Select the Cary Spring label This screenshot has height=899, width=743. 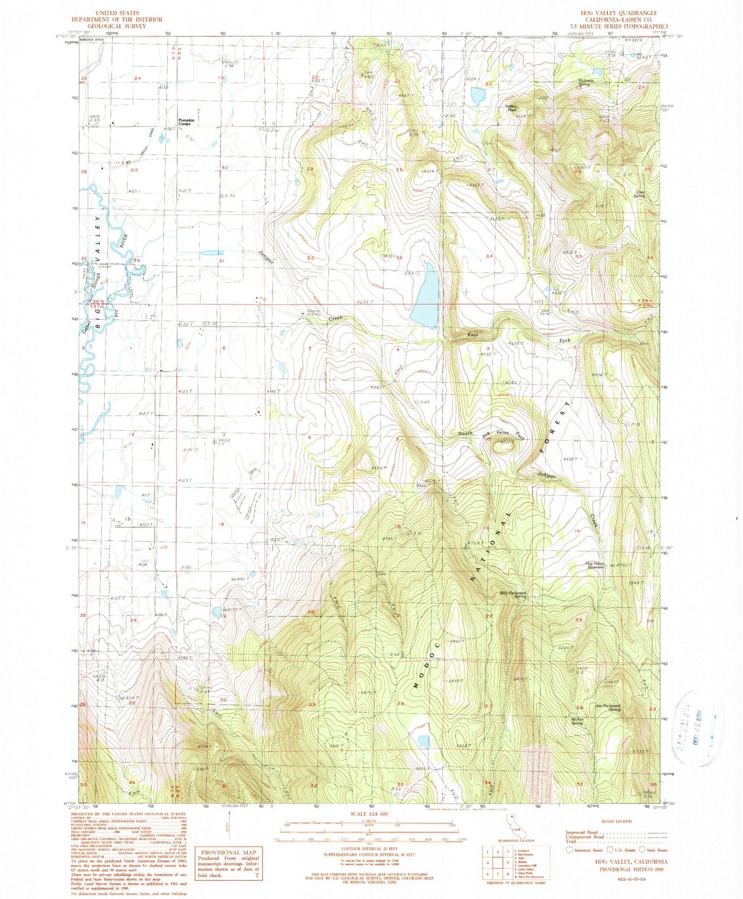[x=639, y=194]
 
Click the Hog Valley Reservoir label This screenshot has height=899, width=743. [x=595, y=565]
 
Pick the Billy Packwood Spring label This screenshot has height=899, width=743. [x=513, y=594]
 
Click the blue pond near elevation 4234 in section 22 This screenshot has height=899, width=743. [x=477, y=95]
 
